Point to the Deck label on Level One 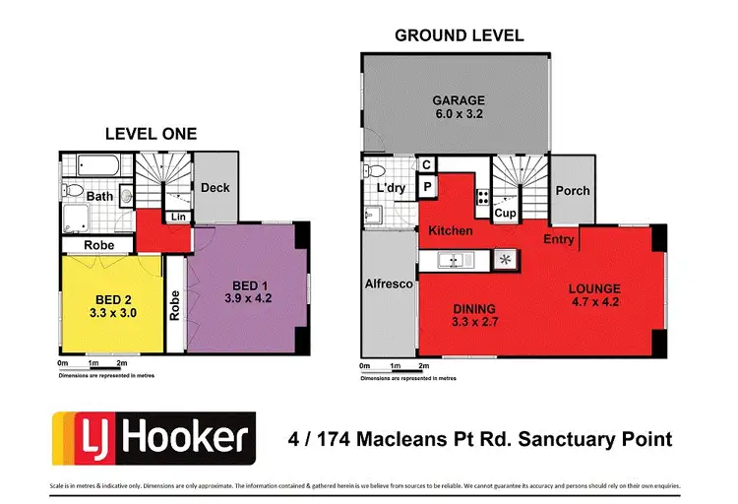(x=215, y=187)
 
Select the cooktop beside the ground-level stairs (x=483, y=195)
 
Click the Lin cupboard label (x=179, y=217)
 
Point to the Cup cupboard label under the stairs (x=505, y=213)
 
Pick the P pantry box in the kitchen (x=428, y=187)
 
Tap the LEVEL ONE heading (x=152, y=134)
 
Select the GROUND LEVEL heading (x=459, y=35)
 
